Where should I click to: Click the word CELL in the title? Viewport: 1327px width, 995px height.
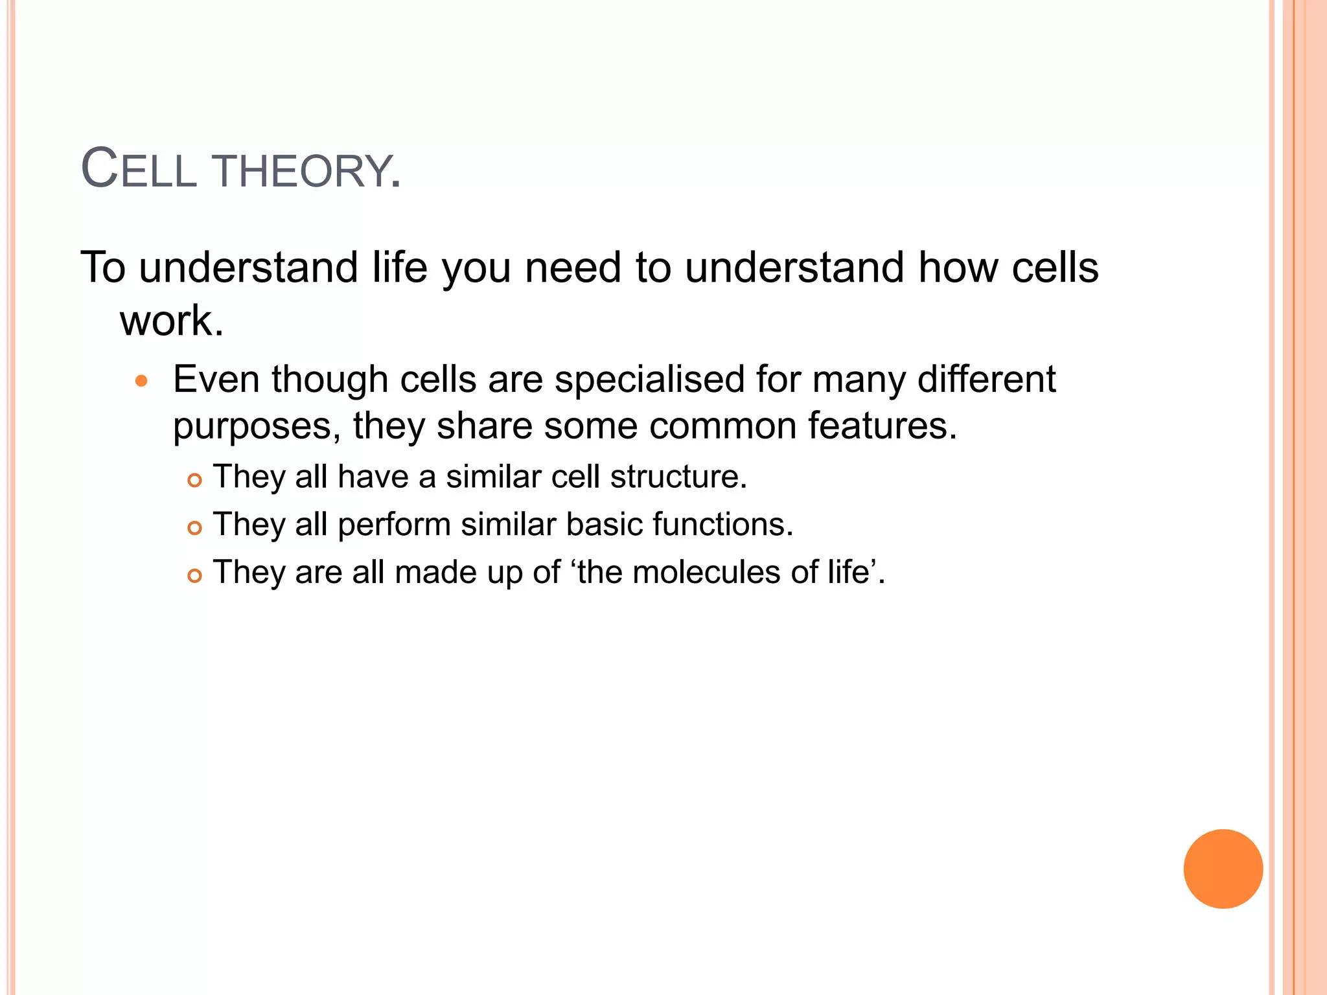[139, 170]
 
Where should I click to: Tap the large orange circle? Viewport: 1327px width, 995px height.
[1223, 869]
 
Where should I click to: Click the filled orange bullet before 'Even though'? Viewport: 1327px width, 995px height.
[141, 381]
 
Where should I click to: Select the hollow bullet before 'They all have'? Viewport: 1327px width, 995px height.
[194, 481]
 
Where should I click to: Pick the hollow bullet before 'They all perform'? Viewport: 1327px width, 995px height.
[194, 528]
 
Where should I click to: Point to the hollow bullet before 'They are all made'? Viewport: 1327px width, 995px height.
[194, 575]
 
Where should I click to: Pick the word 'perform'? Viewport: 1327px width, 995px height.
[394, 525]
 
